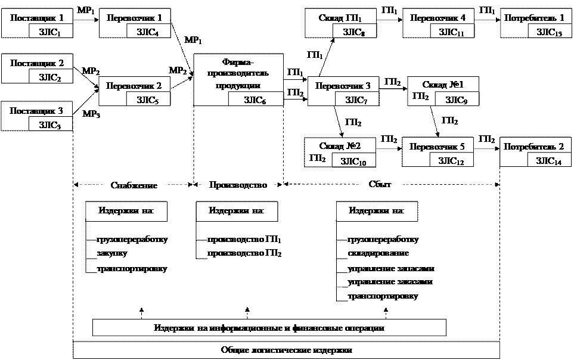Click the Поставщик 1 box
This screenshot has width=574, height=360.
pyautogui.click(x=38, y=18)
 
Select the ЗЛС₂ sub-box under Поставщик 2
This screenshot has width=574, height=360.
pyautogui.click(x=50, y=76)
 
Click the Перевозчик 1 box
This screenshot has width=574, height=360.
pyautogui.click(x=134, y=18)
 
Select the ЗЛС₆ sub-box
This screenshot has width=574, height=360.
pyautogui.click(x=255, y=100)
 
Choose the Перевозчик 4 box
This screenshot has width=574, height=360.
pyautogui.click(x=438, y=18)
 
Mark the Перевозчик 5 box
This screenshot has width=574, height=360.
pyautogui.click(x=438, y=147)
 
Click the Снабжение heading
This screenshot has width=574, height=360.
pyautogui.click(x=134, y=185)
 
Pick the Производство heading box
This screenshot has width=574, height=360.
pyautogui.click(x=238, y=185)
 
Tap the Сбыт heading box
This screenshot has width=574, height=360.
pyautogui.click(x=380, y=185)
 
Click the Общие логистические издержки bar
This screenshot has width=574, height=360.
pyautogui.click(x=286, y=350)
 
